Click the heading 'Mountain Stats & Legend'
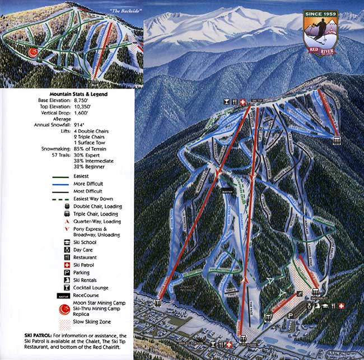click(x=78, y=94)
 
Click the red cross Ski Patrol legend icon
click(x=67, y=264)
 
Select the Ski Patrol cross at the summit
click(x=242, y=102)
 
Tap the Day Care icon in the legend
click(x=67, y=250)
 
